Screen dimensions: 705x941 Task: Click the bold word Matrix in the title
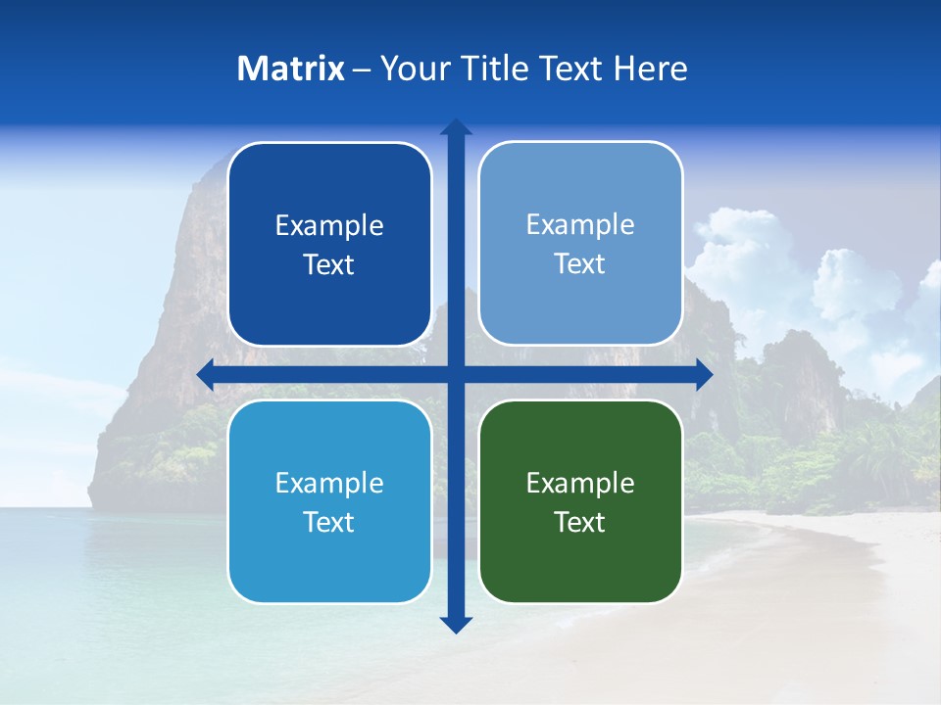(291, 69)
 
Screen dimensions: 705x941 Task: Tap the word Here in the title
(651, 69)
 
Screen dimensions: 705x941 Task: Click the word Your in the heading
(414, 69)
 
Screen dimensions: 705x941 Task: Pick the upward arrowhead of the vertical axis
(456, 127)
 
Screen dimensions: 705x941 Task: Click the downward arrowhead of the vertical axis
(456, 624)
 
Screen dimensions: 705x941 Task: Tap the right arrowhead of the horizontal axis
(704, 375)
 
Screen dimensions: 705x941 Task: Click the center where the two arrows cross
(456, 375)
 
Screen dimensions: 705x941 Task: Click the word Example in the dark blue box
(329, 225)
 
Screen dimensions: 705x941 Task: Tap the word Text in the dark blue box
(329, 265)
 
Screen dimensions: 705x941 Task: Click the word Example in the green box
(580, 483)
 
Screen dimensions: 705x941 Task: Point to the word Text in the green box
(580, 522)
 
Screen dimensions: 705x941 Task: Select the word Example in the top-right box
(580, 224)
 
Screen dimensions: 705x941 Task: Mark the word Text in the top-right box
(580, 264)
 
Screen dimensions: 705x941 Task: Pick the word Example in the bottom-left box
(329, 483)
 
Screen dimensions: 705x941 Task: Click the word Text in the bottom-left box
(329, 522)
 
